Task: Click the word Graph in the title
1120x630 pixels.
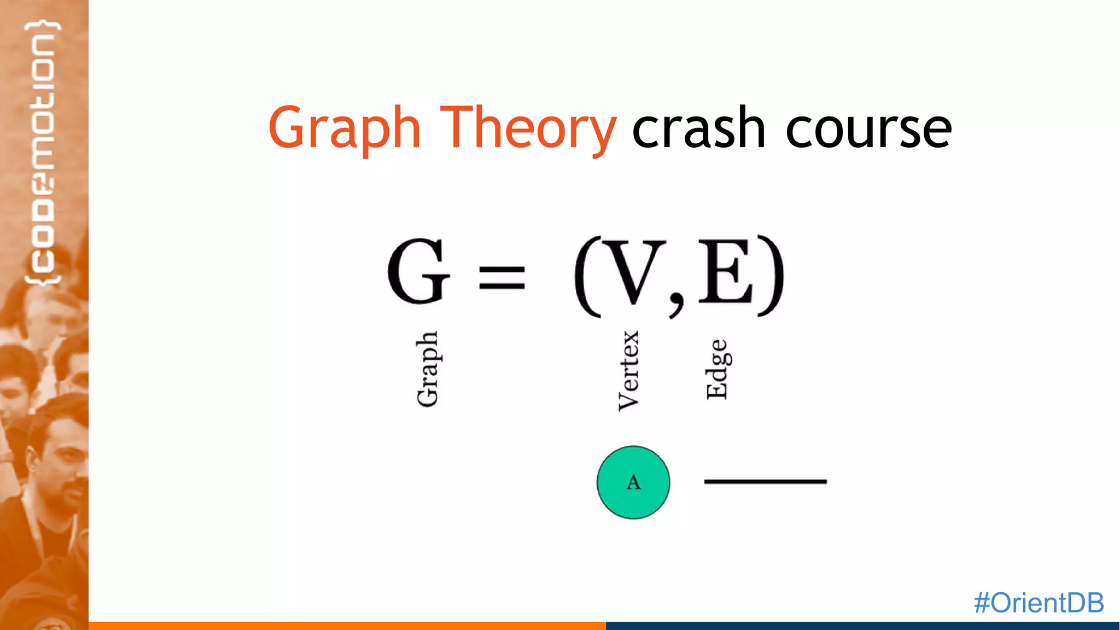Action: pyautogui.click(x=344, y=129)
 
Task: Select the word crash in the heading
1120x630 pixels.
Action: pyautogui.click(x=698, y=129)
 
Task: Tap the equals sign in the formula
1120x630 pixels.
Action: pyautogui.click(x=502, y=277)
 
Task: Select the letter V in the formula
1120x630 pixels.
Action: pyautogui.click(x=634, y=272)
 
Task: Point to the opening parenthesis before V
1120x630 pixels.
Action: pyautogui.click(x=587, y=276)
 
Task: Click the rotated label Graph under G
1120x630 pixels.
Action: pyautogui.click(x=427, y=369)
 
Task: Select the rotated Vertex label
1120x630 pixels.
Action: pyautogui.click(x=628, y=370)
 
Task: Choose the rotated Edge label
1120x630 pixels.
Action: pyautogui.click(x=717, y=369)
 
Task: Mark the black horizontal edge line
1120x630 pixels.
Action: pyautogui.click(x=765, y=481)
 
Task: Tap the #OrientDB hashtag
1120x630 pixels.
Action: pyautogui.click(x=1039, y=603)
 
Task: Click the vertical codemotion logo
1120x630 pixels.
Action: pyautogui.click(x=43, y=153)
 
